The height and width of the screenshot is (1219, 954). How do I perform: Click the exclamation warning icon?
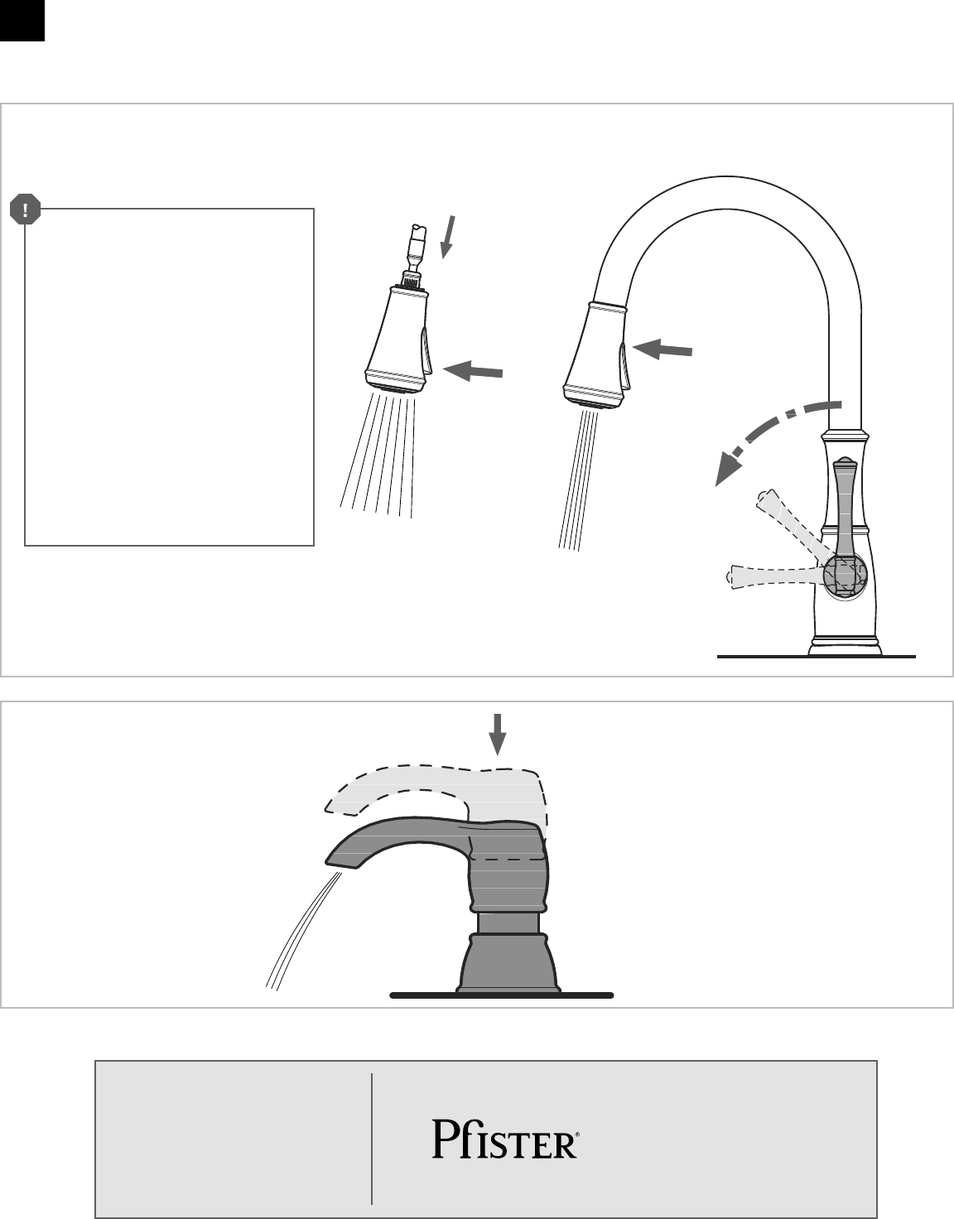26,211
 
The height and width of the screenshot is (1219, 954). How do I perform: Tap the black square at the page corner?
22,20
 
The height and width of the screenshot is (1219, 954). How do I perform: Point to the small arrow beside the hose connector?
448,236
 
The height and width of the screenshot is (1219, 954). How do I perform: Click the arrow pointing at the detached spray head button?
474,372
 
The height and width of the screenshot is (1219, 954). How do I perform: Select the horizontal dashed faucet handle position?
770,573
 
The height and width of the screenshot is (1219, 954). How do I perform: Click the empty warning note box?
170,377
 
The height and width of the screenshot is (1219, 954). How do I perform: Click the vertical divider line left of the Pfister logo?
372,1139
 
